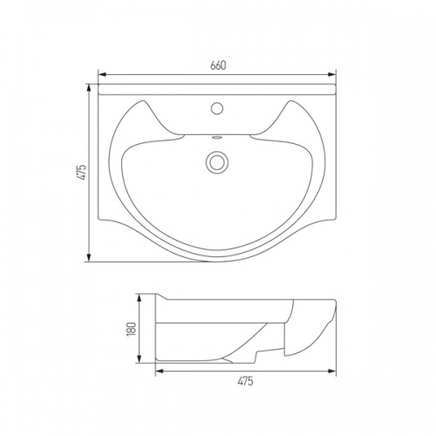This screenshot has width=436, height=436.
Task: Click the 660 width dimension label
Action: point(218,65)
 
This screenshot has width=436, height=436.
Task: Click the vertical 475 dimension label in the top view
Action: point(82,173)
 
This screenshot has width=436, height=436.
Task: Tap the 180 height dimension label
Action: point(132,329)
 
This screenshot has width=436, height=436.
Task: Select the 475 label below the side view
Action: point(246,381)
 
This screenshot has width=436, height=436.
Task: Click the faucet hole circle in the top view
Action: point(217,108)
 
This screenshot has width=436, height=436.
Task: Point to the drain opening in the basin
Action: point(217,162)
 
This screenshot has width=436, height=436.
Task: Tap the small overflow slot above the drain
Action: point(217,137)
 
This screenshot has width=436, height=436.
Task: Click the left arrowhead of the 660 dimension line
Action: point(102,75)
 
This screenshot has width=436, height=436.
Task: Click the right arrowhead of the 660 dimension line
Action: point(332,75)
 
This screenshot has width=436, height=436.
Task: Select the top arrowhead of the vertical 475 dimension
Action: point(89,88)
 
